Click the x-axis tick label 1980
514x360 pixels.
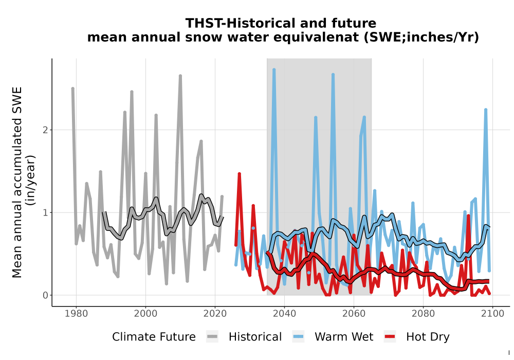(76, 313)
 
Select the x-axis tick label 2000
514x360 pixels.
(145, 313)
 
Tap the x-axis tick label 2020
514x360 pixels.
(215, 313)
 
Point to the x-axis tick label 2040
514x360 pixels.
(284, 313)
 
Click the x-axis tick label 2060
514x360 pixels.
(354, 313)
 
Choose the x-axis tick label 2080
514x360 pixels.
(423, 313)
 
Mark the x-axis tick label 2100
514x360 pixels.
(492, 313)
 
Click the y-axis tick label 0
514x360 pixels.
(46, 295)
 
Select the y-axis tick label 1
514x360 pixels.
(46, 212)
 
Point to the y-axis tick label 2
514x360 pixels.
(46, 130)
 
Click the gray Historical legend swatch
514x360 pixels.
(212, 337)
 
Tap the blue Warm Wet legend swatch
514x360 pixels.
(298, 337)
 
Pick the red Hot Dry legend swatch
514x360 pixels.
(390, 337)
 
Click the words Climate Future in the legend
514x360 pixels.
(154, 337)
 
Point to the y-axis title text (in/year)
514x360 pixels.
(31, 181)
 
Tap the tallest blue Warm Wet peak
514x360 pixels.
(274, 70)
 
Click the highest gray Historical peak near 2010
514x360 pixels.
(180, 76)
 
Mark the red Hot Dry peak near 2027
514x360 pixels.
(240, 174)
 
